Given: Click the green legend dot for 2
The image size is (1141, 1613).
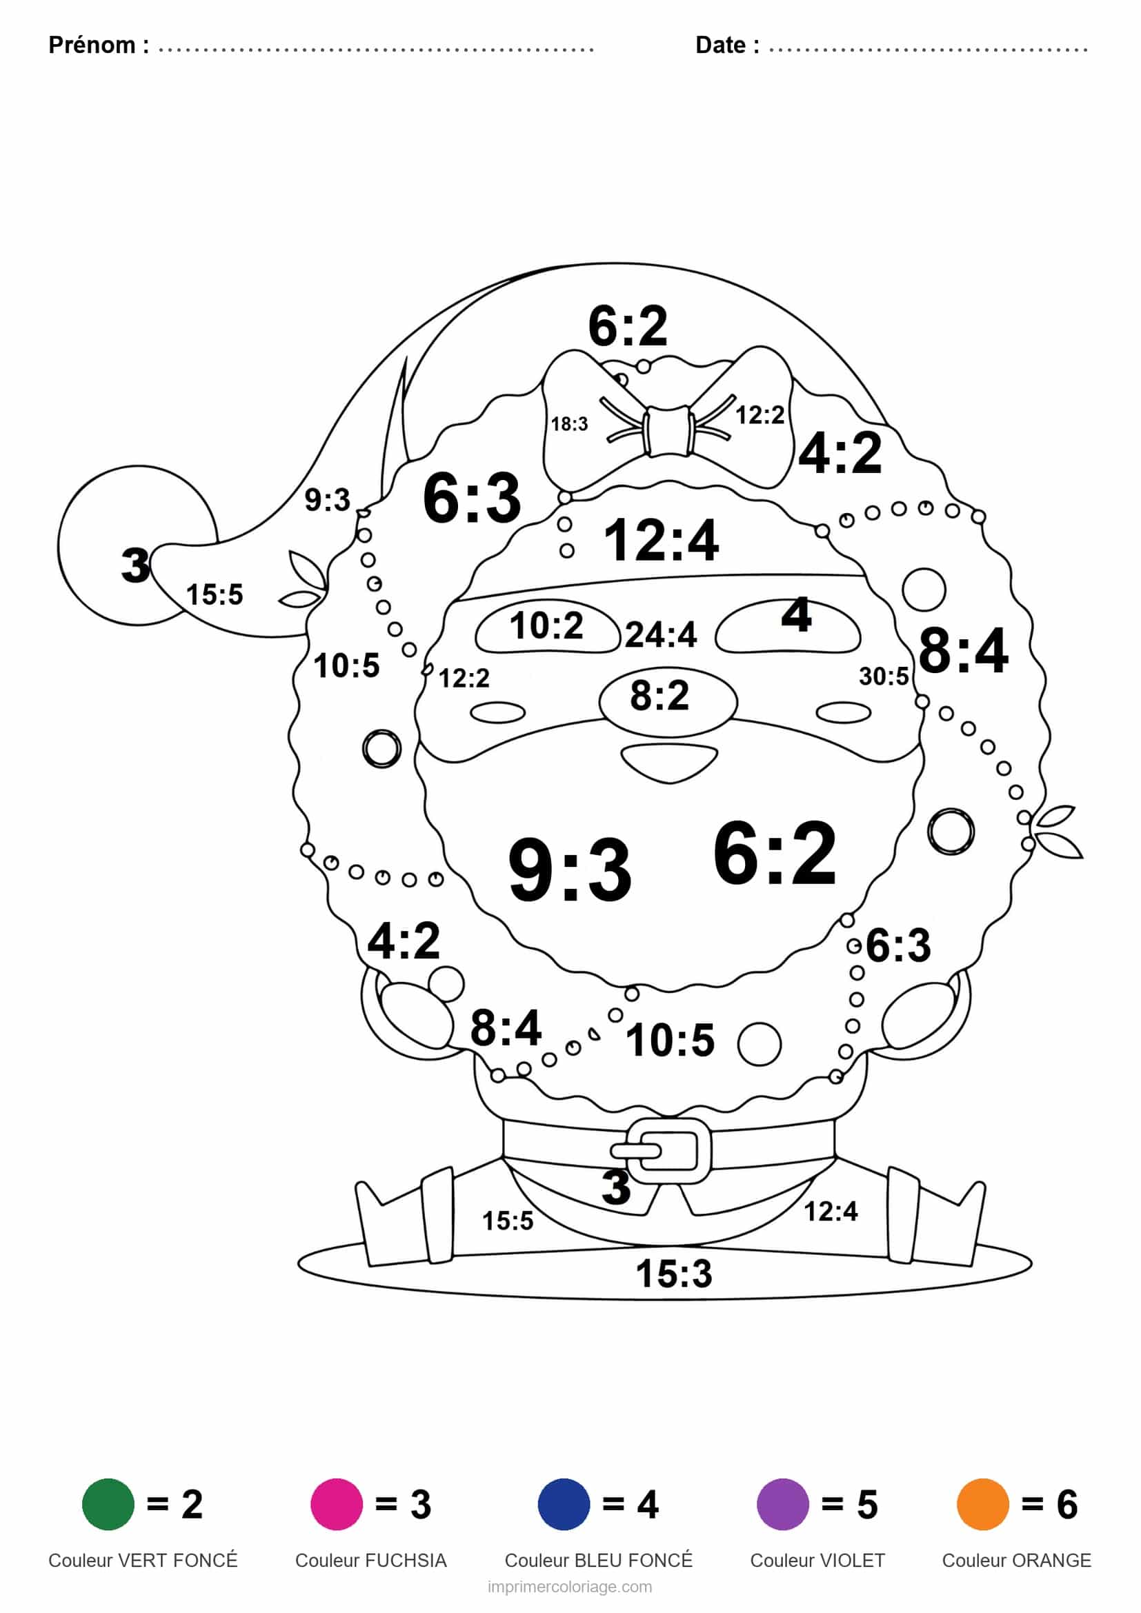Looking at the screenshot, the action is [x=108, y=1503].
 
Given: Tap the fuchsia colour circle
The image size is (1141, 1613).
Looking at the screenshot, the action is [x=337, y=1503].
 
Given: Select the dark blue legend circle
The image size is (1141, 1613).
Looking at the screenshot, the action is [x=564, y=1503].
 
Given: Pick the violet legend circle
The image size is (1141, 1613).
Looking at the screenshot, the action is [x=782, y=1503].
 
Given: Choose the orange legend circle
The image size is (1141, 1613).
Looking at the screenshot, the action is [x=982, y=1503].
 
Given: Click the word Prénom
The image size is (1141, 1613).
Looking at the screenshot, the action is [x=92, y=45].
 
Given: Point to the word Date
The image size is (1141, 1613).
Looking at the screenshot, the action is [x=721, y=45].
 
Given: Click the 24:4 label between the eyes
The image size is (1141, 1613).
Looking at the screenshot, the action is [x=660, y=634].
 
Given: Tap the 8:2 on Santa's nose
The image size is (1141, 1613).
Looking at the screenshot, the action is [x=659, y=696].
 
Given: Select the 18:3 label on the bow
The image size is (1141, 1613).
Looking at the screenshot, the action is [x=569, y=423].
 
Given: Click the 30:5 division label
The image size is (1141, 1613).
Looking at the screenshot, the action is [x=884, y=676].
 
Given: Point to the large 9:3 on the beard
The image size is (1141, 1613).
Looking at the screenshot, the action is [x=570, y=870].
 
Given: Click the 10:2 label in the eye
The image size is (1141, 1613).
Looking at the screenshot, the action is [x=546, y=625].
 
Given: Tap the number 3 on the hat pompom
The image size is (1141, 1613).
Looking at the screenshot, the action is [x=135, y=565].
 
